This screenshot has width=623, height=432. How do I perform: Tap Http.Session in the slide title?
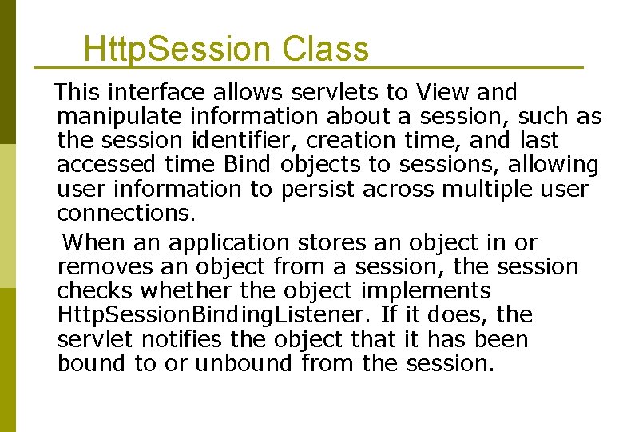[177, 50]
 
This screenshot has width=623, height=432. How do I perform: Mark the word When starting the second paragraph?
[91, 242]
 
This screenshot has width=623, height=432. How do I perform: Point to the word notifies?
[185, 339]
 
